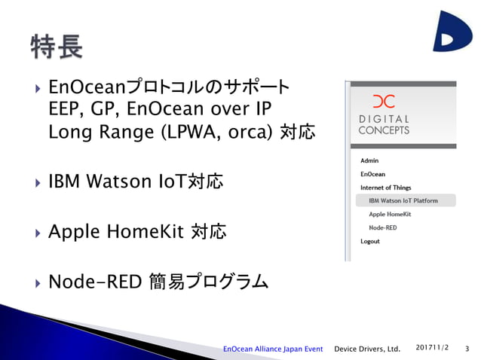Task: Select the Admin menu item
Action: (x=369, y=160)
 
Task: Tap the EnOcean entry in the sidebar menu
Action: (x=372, y=174)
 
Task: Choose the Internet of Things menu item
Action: (x=386, y=187)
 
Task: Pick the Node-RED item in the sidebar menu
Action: (x=382, y=227)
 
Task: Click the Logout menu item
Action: (x=370, y=241)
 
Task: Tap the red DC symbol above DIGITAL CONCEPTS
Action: (x=383, y=102)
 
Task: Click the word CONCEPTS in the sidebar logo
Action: (x=384, y=130)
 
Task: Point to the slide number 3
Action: (x=467, y=349)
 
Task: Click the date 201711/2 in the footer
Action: (x=433, y=347)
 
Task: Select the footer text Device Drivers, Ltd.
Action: (x=367, y=349)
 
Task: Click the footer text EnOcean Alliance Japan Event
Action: (x=273, y=349)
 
